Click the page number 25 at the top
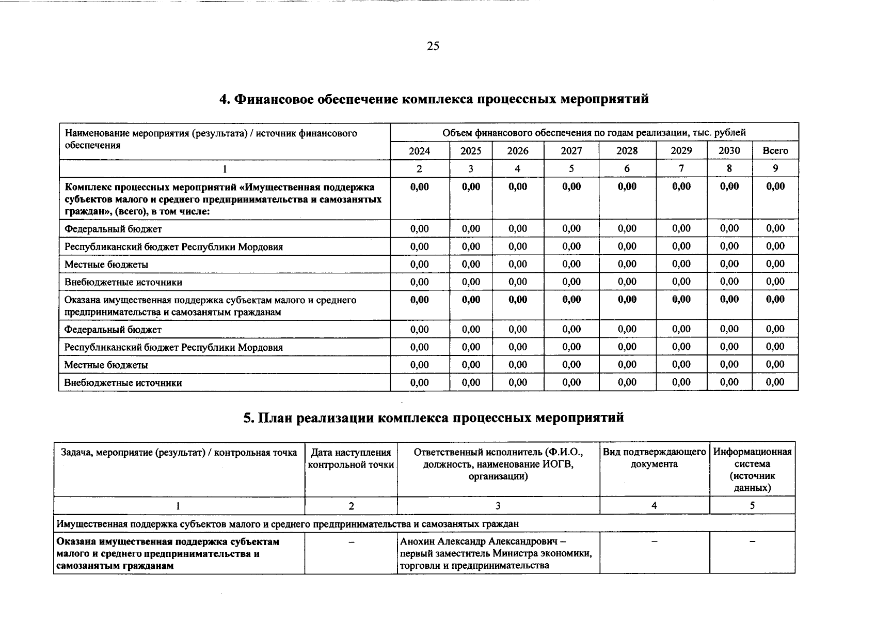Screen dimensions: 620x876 pyautogui.click(x=433, y=47)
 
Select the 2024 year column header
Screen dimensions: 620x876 pyautogui.click(x=419, y=151)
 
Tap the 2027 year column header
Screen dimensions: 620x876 pyautogui.click(x=571, y=151)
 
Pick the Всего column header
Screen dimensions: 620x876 pyautogui.click(x=775, y=151)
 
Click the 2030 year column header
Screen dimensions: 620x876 pyautogui.click(x=729, y=150)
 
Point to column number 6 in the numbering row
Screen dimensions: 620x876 pyautogui.click(x=627, y=168)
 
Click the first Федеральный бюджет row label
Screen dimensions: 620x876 pyautogui.click(x=113, y=229)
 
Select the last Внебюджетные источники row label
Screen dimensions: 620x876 pyautogui.click(x=123, y=383)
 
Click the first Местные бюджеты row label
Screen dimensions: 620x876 pyautogui.click(x=106, y=265)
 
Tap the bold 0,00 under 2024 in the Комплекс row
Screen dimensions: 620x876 pyautogui.click(x=419, y=187)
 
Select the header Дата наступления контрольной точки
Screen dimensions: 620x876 pyautogui.click(x=351, y=458)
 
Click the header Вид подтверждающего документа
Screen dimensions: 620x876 pyautogui.click(x=654, y=458)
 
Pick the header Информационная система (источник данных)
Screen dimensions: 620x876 pyautogui.click(x=752, y=470)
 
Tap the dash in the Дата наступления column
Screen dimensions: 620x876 pyautogui.click(x=351, y=541)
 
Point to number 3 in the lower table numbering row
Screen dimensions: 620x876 pyautogui.click(x=498, y=506)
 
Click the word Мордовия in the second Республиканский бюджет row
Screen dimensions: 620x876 pyautogui.click(x=260, y=347)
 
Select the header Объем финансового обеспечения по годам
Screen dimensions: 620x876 pyautogui.click(x=594, y=133)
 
